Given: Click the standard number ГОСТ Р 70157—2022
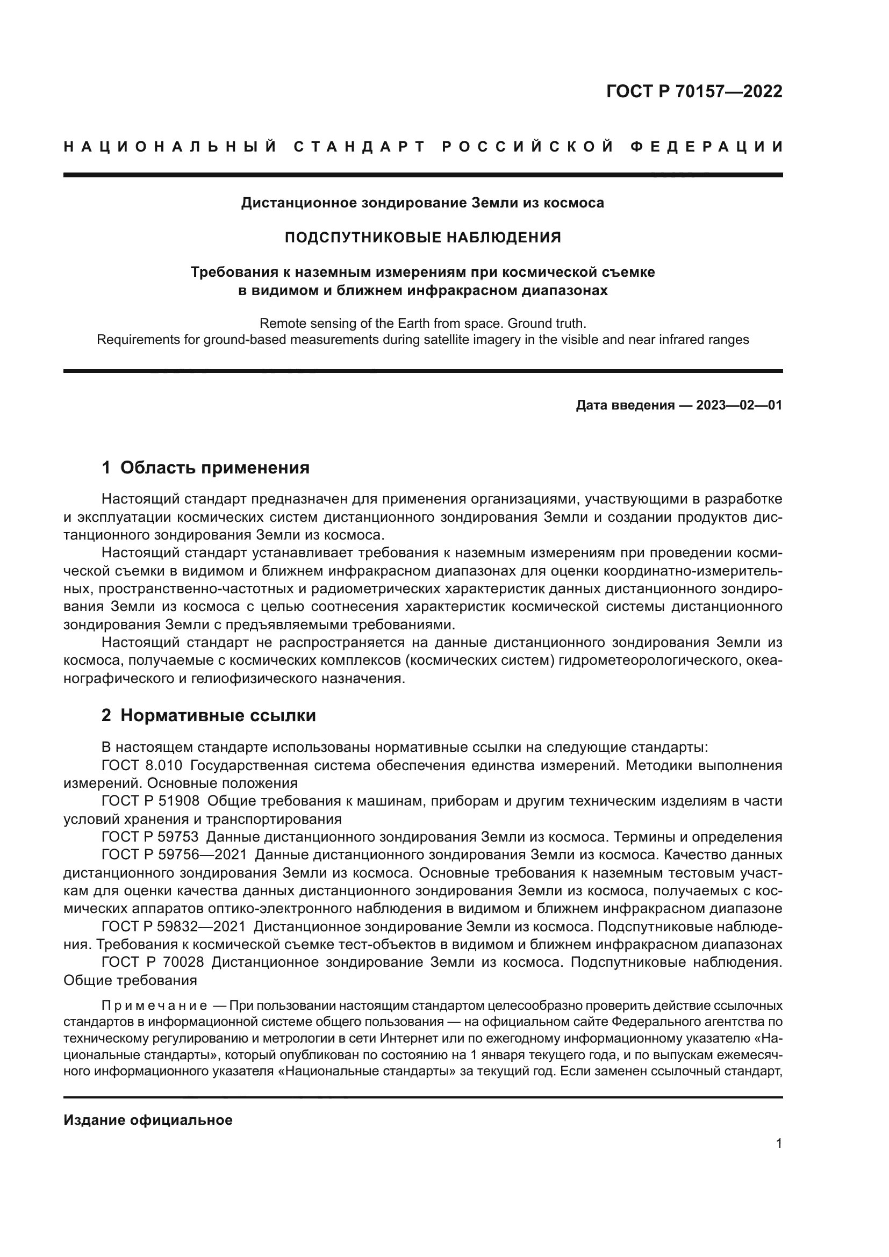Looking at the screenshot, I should (x=693, y=91).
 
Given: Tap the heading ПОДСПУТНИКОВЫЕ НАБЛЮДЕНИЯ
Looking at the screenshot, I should (x=422, y=237).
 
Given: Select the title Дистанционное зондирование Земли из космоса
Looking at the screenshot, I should (x=422, y=203).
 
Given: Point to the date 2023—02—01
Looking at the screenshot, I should (x=739, y=405).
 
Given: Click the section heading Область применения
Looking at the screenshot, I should (x=214, y=468).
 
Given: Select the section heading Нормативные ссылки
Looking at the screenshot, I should (x=218, y=715).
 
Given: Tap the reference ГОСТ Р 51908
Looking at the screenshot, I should (x=150, y=801).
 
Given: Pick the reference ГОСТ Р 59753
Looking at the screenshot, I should (x=150, y=837).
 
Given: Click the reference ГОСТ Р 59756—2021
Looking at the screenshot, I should (x=175, y=854).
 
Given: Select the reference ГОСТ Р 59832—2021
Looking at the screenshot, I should (x=175, y=927).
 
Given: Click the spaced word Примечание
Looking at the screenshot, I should (x=154, y=1006).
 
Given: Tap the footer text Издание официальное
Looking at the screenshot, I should (x=148, y=1120).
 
